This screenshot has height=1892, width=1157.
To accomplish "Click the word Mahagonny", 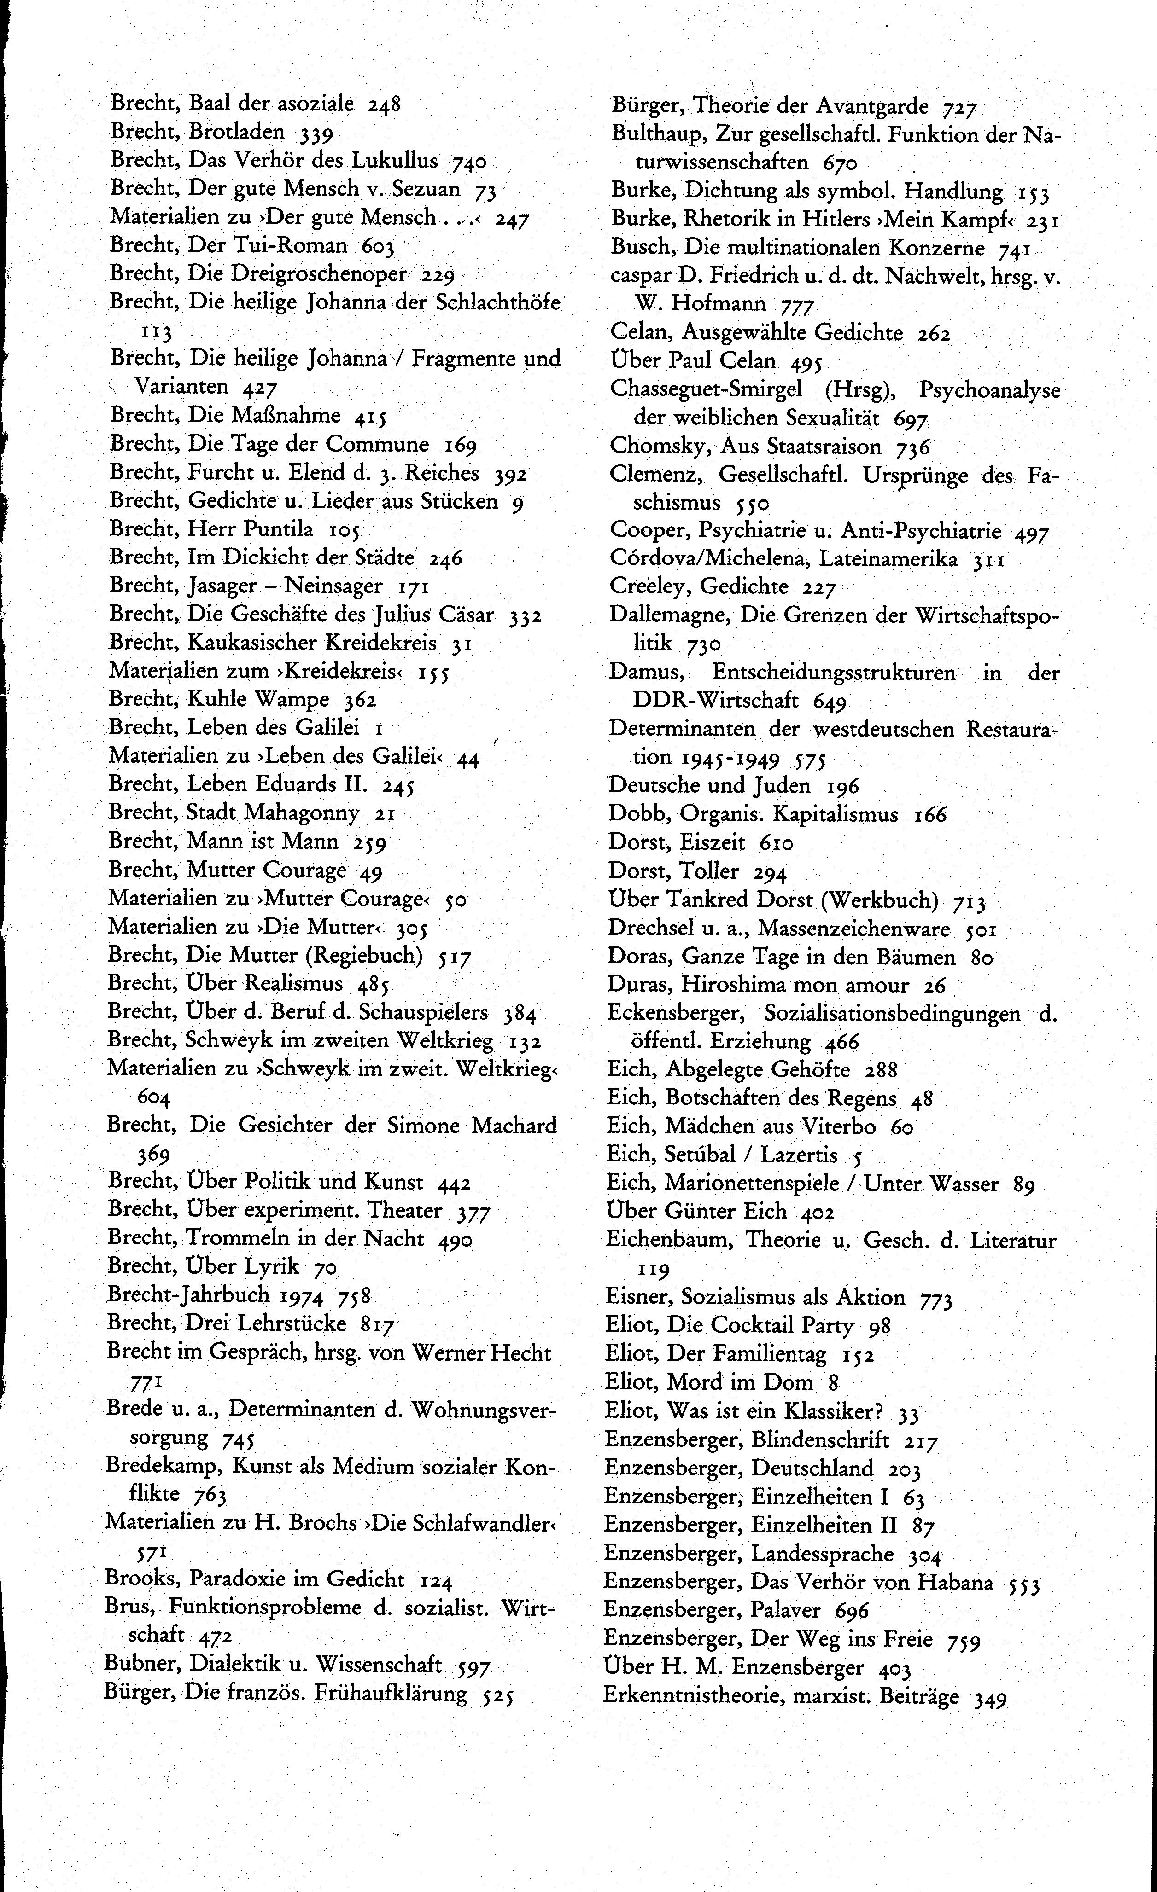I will pyautogui.click(x=311, y=813).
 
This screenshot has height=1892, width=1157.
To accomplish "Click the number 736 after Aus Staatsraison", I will pyautogui.click(x=913, y=447).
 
